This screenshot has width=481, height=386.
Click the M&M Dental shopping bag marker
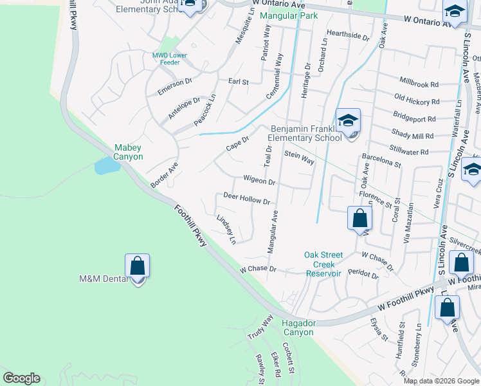point(137,265)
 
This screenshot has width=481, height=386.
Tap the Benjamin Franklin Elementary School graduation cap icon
point(348,120)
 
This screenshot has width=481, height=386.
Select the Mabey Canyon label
point(129,152)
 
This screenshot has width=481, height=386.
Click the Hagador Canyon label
point(297,328)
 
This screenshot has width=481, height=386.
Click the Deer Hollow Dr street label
point(246,198)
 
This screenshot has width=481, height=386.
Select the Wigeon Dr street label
point(259,181)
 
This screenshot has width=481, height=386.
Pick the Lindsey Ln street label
point(226,229)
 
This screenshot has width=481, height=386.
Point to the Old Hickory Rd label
point(417,100)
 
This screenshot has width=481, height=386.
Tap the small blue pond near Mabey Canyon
point(106,166)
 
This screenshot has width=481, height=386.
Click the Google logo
point(21,378)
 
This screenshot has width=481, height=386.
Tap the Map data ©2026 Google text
point(440,381)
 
